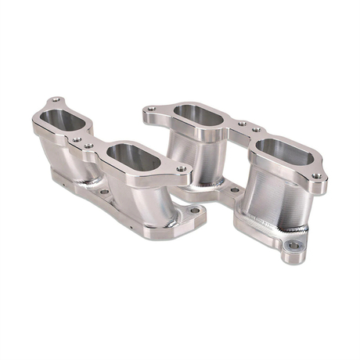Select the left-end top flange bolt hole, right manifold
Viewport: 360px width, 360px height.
click(x=152, y=110)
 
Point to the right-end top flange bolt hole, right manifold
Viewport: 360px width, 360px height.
click(x=316, y=177)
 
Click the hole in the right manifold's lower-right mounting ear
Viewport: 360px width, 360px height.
click(x=293, y=246)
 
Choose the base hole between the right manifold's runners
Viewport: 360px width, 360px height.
click(x=233, y=189)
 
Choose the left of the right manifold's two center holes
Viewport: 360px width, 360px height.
click(x=242, y=124)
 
